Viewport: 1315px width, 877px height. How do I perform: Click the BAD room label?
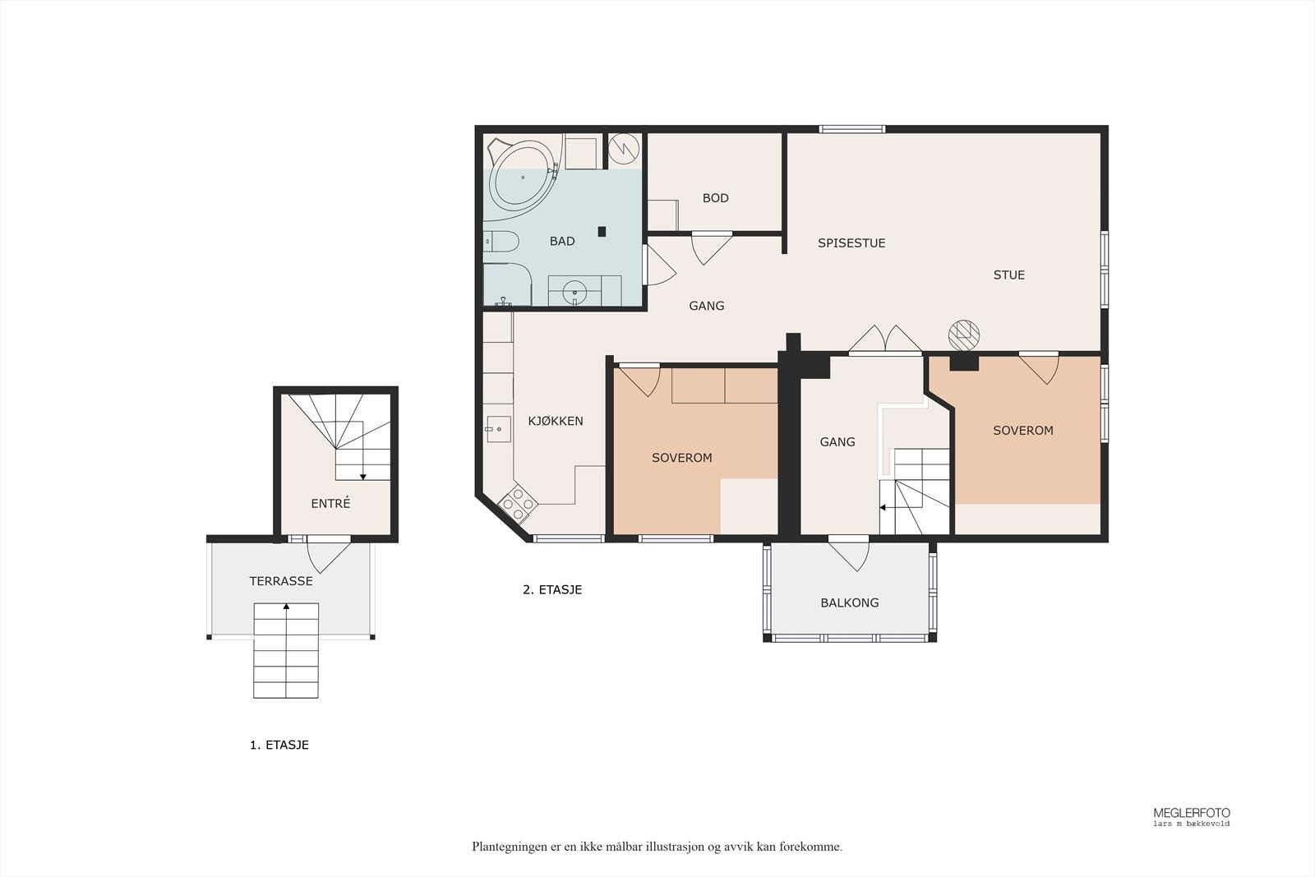(562, 241)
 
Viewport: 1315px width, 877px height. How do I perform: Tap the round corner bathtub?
(523, 175)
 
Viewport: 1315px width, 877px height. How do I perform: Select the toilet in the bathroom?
(501, 242)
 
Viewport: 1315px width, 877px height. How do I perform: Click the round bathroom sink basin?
(574, 291)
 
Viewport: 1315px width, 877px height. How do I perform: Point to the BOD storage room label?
(716, 198)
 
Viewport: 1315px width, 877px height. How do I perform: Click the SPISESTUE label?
(851, 242)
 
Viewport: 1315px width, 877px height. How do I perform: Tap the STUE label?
(1008, 275)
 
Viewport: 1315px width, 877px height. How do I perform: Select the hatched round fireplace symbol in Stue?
(963, 335)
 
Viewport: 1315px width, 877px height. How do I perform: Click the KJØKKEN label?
(556, 420)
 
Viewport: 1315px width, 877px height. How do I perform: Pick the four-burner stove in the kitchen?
(518, 502)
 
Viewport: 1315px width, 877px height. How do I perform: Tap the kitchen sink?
(498, 428)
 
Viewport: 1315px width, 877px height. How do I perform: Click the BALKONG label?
(850, 602)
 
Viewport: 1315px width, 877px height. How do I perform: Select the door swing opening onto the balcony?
(849, 556)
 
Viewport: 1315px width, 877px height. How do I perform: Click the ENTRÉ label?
(330, 502)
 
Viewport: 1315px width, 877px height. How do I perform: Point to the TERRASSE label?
(280, 581)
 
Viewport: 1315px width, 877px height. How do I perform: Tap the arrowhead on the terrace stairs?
(287, 607)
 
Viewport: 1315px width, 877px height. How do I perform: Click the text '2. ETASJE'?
(552, 589)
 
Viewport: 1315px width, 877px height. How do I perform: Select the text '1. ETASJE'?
(279, 745)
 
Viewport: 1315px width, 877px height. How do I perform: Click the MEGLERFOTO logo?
(1192, 816)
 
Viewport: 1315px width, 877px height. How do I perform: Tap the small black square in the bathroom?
(602, 231)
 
